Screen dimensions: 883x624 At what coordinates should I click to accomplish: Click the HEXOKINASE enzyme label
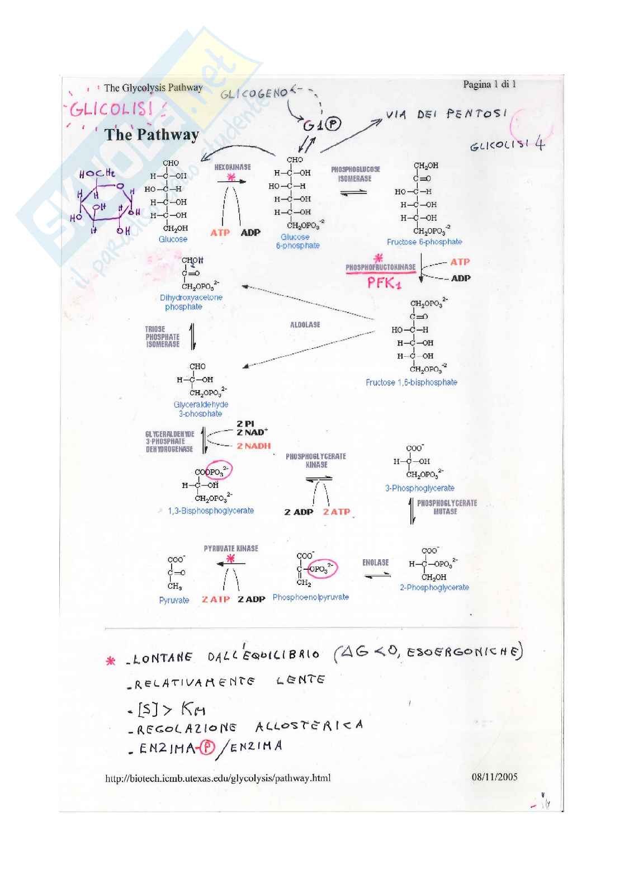click(233, 167)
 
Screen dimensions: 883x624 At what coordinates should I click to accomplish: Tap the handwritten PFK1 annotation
click(384, 283)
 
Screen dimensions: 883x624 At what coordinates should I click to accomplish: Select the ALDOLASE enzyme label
click(305, 325)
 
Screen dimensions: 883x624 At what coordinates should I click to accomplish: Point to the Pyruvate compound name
click(174, 600)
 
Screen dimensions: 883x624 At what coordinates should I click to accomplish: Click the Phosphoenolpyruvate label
click(310, 597)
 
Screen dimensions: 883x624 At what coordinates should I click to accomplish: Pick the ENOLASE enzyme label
click(375, 563)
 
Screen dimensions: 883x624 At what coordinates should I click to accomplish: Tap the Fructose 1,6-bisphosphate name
click(411, 383)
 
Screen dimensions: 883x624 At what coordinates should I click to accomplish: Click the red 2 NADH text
click(253, 446)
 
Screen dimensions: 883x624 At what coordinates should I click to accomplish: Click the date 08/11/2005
click(494, 777)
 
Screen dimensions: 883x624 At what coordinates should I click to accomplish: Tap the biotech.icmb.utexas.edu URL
click(218, 778)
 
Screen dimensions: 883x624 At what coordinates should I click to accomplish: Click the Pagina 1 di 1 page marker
click(489, 84)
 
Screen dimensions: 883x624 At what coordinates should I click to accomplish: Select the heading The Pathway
click(152, 135)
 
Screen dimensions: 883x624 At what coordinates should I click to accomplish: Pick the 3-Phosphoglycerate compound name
click(419, 488)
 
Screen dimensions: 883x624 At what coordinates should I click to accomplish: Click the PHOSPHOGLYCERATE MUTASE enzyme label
click(447, 507)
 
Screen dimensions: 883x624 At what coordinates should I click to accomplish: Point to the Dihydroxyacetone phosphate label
click(191, 302)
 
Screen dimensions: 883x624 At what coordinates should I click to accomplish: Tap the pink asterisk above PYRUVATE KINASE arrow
click(230, 558)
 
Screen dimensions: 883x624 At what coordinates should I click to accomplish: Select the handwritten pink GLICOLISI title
click(112, 108)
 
